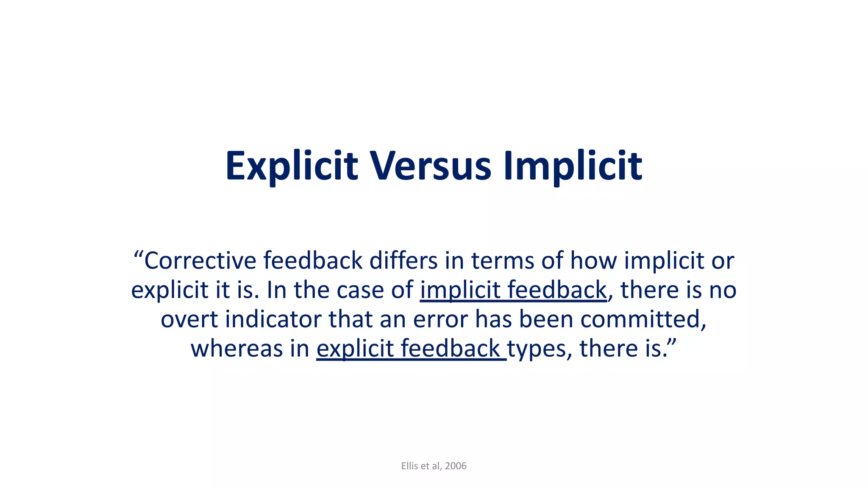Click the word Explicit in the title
[292, 166]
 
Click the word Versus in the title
[431, 166]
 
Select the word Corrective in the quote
[200, 261]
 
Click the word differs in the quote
[403, 261]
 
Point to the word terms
[503, 261]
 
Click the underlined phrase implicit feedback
[513, 290]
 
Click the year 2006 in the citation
[456, 466]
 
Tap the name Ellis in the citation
[409, 466]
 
